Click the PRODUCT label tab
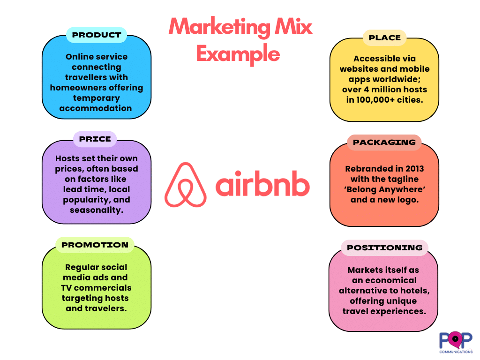[x=97, y=35]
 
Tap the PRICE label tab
[x=95, y=139]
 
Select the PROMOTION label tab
[x=95, y=245]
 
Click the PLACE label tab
[x=384, y=38]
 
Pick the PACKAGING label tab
[x=384, y=142]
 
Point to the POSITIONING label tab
[x=384, y=248]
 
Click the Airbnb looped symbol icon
[x=186, y=185]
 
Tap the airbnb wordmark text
[x=262, y=185]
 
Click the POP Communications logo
[x=456, y=342]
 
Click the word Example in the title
[x=238, y=54]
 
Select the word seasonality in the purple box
[x=96, y=210]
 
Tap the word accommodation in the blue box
[x=96, y=108]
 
